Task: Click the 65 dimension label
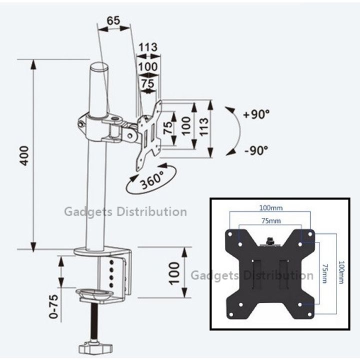pyautogui.click(x=113, y=20)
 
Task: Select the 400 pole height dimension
pyautogui.click(x=24, y=155)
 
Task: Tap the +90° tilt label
pyautogui.click(x=256, y=114)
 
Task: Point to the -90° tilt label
pyautogui.click(x=256, y=150)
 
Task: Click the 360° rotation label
pyautogui.click(x=152, y=180)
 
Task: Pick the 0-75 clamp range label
pyautogui.click(x=53, y=306)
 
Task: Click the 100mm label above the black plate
pyautogui.click(x=271, y=208)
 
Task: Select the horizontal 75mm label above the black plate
pyautogui.click(x=271, y=221)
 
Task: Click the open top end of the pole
pyautogui.click(x=99, y=67)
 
